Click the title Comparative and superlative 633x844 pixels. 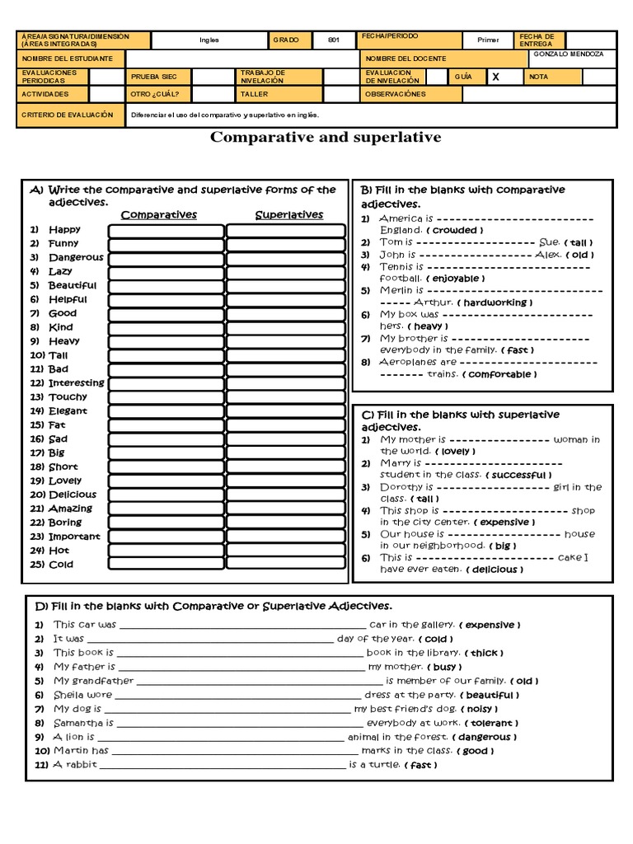click(x=326, y=137)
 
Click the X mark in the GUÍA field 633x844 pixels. click(x=495, y=77)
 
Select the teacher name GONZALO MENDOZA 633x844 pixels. click(x=568, y=54)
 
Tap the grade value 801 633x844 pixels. click(x=334, y=40)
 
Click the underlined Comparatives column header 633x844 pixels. click(x=159, y=215)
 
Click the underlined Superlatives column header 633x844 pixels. click(x=288, y=215)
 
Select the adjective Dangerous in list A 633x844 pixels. click(x=76, y=257)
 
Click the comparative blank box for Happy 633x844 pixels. click(x=166, y=231)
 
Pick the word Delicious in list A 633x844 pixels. click(x=73, y=495)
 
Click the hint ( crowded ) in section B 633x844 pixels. click(x=455, y=231)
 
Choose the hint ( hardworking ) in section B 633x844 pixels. click(x=495, y=302)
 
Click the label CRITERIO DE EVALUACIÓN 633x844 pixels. click(x=68, y=115)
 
